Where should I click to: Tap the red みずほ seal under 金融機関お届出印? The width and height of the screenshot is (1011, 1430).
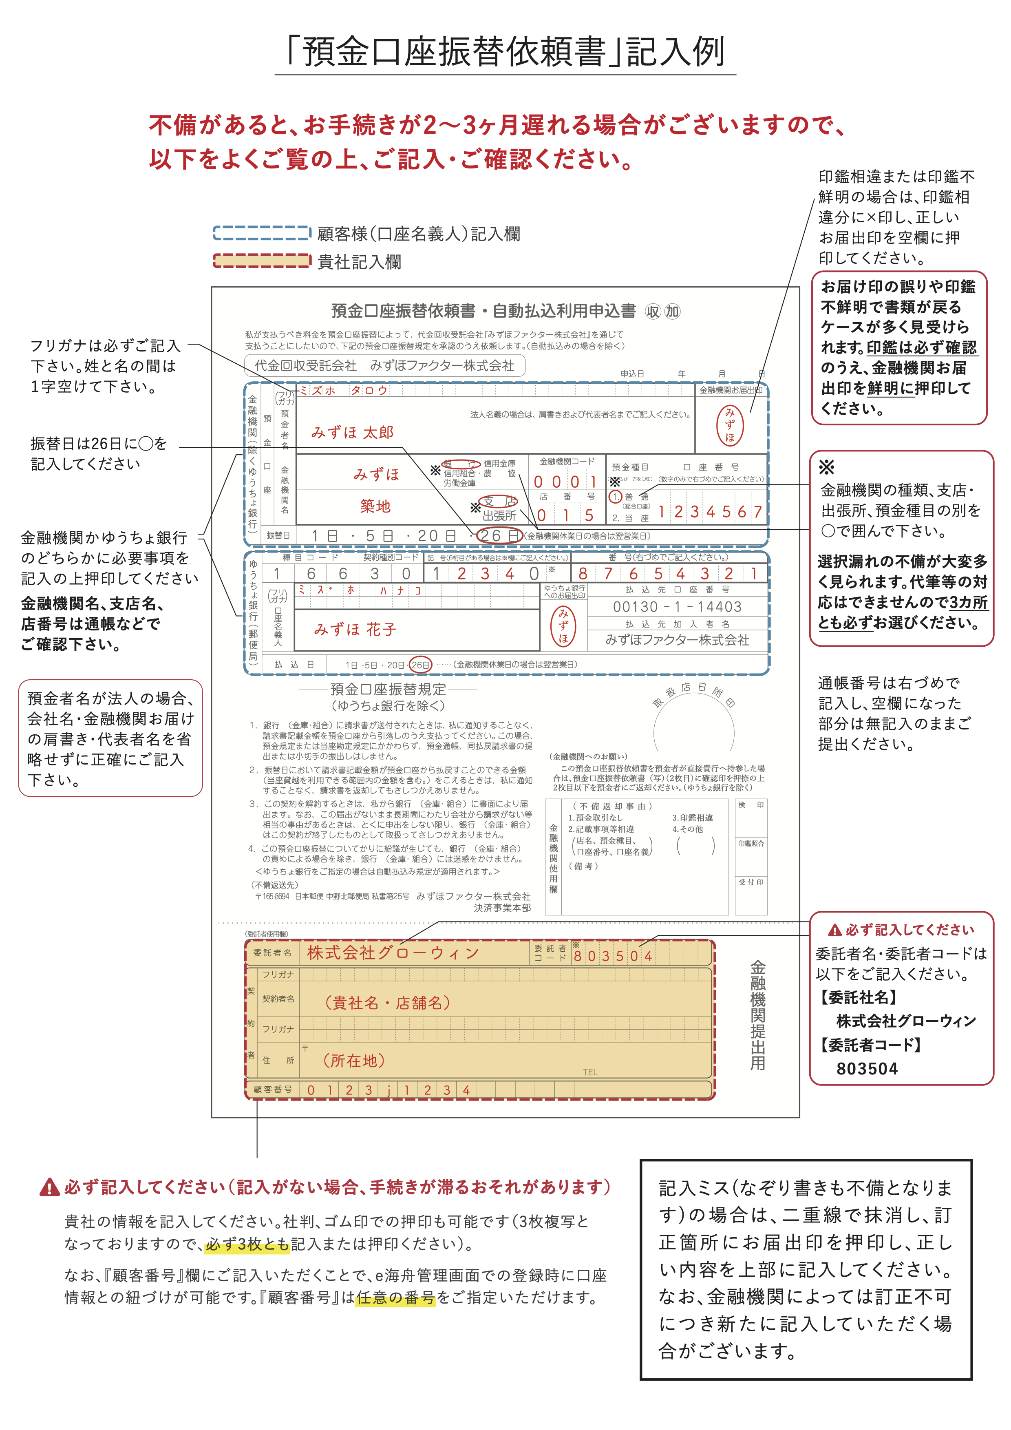tap(730, 425)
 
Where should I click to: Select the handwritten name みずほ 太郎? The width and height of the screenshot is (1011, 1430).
tap(352, 432)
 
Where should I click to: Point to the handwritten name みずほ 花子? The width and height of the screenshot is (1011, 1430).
tap(355, 629)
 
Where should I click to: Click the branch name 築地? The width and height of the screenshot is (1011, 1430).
tap(375, 506)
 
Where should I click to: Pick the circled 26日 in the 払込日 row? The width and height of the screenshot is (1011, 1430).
tap(420, 665)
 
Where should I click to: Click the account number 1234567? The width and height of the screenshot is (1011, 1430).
tap(710, 512)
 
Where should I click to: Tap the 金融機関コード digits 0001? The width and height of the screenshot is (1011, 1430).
tap(565, 482)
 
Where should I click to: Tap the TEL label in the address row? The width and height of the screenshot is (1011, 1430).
tap(590, 1072)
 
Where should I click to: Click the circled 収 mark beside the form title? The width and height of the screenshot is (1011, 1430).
tap(652, 312)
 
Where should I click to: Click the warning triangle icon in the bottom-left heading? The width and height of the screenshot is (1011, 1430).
tap(49, 1188)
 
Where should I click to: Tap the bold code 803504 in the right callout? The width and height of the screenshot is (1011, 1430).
tap(867, 1069)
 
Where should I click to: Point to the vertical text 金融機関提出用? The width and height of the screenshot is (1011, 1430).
tap(757, 1015)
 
